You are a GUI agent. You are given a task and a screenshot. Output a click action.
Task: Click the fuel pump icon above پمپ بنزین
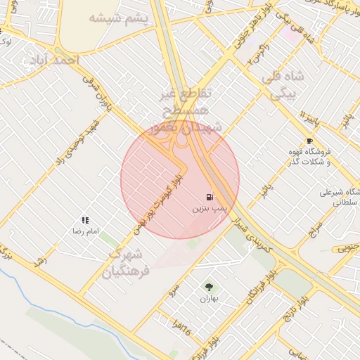point(209,197)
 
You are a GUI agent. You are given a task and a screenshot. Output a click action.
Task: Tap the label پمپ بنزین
point(209,209)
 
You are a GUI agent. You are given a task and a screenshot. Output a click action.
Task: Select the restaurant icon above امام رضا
point(85,220)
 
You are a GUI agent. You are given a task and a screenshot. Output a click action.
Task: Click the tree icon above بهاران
point(208,286)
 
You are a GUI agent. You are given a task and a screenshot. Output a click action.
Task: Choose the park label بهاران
point(209,298)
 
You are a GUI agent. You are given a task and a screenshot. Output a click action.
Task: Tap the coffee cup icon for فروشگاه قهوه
point(309,141)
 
